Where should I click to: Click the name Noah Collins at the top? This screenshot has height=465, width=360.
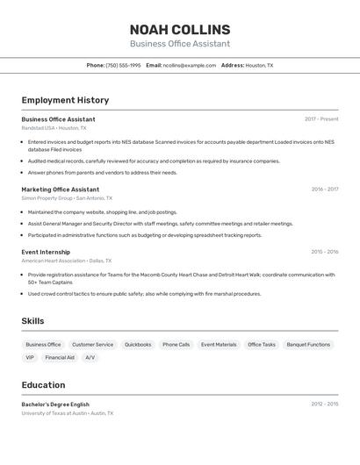coord(180,30)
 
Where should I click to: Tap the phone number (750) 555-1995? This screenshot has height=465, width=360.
coord(123,66)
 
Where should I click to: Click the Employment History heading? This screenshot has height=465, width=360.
coord(65,100)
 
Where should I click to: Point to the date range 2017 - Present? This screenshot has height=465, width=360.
coord(321,119)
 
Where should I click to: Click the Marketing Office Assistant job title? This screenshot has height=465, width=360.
coord(61,190)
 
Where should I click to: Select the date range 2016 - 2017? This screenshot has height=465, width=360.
coord(324,190)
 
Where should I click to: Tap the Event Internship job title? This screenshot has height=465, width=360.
coord(46,252)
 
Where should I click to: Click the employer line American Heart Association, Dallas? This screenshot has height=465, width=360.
coord(67,261)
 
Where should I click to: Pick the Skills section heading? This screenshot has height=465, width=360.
coord(33,321)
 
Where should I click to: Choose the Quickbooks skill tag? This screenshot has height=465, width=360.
coord(138,345)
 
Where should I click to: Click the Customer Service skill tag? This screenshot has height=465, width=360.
coord(92,345)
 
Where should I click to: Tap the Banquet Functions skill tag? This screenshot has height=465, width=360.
coord(308,345)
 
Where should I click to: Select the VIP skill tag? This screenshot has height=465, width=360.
coord(30,358)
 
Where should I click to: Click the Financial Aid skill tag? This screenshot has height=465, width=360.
coord(60,358)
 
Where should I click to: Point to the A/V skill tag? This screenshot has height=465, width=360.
coord(90,358)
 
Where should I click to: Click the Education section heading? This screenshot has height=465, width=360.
coord(43,385)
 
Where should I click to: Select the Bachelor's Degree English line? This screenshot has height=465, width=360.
coord(55,404)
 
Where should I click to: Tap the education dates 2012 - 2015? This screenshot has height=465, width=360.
coord(324,404)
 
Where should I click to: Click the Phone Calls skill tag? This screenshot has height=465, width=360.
coord(176,345)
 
